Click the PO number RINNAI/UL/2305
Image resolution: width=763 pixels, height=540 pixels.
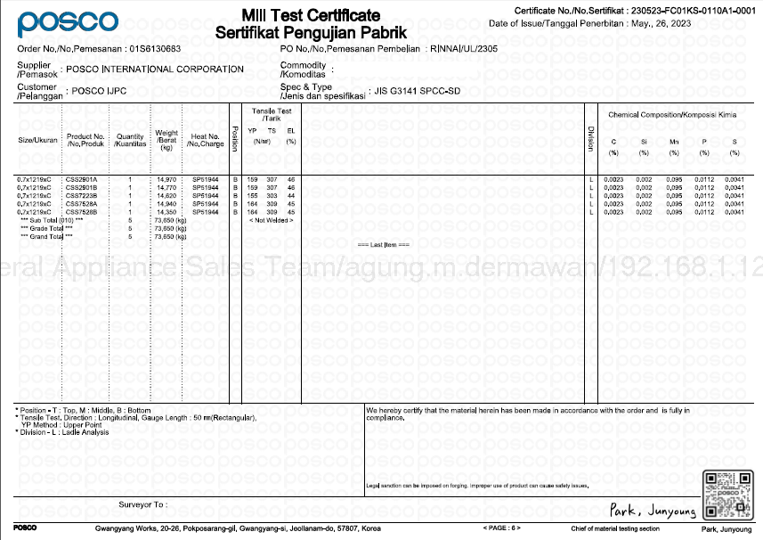point(464,48)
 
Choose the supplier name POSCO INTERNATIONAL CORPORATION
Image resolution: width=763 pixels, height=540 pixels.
point(155,70)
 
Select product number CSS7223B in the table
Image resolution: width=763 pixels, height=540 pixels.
point(81,196)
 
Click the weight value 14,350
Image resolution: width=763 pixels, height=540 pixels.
point(166,212)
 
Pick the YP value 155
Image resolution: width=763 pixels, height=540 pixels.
point(253,196)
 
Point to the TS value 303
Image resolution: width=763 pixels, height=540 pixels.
point(272,196)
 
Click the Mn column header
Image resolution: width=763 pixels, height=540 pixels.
point(674,142)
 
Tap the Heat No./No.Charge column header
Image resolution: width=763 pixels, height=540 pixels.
point(206,140)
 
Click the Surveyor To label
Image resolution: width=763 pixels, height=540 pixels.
point(142,504)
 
